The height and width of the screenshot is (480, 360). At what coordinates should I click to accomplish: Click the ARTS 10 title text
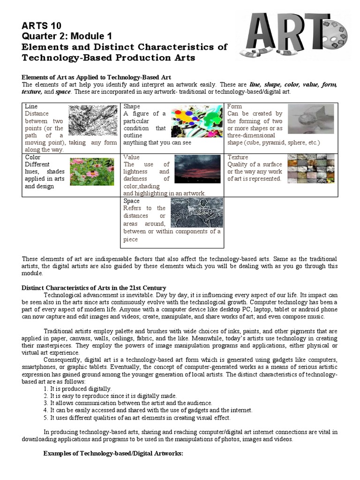click(42, 26)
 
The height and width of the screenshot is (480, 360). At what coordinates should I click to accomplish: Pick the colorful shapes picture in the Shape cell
click(196, 121)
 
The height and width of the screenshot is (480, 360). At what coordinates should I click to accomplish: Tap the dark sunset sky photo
click(199, 169)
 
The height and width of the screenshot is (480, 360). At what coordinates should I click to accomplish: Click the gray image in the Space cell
click(196, 212)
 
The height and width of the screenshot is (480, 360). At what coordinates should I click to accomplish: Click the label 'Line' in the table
click(31, 106)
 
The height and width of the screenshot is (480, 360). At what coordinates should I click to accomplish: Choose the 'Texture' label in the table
click(238, 157)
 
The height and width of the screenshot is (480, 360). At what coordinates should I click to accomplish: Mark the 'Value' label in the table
click(132, 157)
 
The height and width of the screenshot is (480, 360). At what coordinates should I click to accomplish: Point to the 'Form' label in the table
click(234, 106)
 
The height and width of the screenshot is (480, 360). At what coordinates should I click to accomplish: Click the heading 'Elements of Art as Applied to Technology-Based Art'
click(97, 77)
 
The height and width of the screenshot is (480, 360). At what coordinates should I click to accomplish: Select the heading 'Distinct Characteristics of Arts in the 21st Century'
click(94, 287)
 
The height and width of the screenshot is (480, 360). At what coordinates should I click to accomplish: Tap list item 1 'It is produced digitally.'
click(77, 389)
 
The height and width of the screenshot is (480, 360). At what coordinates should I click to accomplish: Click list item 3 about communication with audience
click(127, 403)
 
